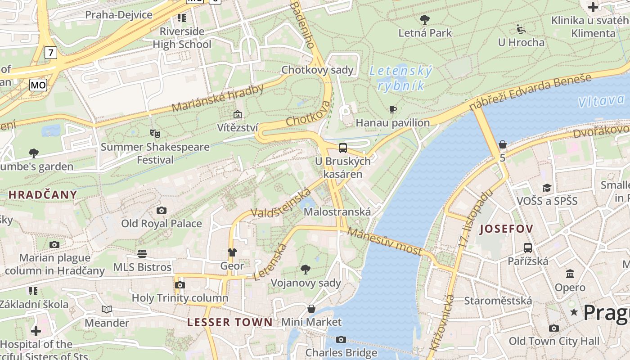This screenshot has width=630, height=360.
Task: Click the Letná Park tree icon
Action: pos(424,19)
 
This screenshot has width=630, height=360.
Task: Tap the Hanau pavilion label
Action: pos(392,123)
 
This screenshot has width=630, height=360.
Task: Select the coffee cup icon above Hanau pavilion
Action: pos(393,109)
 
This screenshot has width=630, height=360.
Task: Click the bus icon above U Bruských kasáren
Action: pos(343,148)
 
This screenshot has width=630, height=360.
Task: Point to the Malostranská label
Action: pos(337,211)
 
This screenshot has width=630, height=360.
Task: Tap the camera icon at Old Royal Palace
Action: pos(161,210)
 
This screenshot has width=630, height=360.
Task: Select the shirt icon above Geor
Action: pos(232,252)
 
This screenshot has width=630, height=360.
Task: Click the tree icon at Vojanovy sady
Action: pos(306,270)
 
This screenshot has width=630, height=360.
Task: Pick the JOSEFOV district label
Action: pos(506,229)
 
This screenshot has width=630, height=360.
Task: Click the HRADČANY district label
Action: pos(43,195)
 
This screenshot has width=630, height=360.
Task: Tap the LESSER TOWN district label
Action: pos(230,322)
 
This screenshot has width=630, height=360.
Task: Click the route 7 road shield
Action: pos(51,53)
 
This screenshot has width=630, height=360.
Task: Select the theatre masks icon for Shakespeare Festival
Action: pos(155,133)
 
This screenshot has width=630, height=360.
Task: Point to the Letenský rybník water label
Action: pos(400,78)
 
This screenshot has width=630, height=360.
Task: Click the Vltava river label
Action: pos(602,101)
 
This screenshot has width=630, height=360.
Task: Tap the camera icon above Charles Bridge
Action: pos(341,339)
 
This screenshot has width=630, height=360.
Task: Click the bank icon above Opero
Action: pos(570,274)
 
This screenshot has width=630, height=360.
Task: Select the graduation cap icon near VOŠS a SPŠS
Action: pos(547,188)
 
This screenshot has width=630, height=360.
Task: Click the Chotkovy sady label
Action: pos(317,70)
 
